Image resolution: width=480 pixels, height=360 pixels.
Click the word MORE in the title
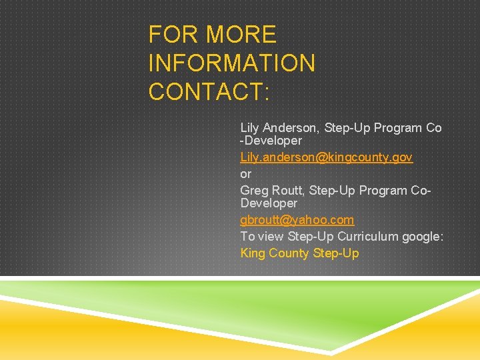tap(241, 35)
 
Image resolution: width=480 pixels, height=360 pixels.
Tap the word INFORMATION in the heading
tap(232, 63)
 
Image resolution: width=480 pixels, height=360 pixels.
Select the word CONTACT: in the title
tap(209, 92)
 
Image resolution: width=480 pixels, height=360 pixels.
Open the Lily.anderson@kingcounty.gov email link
tap(326, 157)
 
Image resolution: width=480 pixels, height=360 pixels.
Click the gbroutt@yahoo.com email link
tap(297, 219)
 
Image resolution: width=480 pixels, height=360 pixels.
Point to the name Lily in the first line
tap(250, 127)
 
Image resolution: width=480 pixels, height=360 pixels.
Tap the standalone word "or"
tap(245, 173)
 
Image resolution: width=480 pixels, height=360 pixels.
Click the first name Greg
tap(254, 191)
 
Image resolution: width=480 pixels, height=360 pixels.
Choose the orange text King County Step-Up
tap(299, 253)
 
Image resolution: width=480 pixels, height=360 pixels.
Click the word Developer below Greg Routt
tap(268, 203)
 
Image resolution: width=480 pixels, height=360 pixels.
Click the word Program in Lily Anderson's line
tap(397, 127)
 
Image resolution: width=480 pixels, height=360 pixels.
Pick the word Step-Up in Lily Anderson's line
tap(347, 127)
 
